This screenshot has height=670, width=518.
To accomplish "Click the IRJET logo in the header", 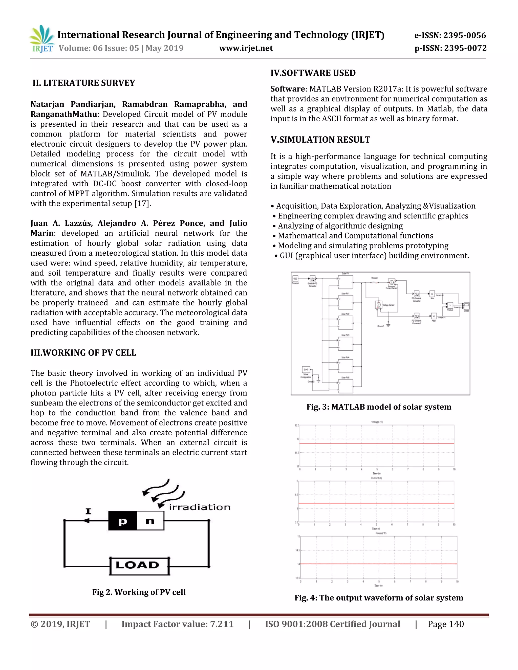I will tap(42, 39).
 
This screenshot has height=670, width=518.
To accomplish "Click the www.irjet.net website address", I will tap(246, 48).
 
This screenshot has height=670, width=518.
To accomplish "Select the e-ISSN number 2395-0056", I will tap(465, 35).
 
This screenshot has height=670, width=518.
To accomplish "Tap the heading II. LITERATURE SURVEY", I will tap(84, 83).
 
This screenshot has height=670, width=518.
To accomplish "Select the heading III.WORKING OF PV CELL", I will tap(83, 352).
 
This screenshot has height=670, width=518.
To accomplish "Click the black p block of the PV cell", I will tap(122, 521).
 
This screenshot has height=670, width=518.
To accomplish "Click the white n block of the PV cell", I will tap(150, 521).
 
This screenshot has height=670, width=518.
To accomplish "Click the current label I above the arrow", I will tap(88, 511).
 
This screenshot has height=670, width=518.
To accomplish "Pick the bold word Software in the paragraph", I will tap(288, 89).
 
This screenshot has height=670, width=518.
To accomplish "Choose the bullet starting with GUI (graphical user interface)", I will tap(372, 256).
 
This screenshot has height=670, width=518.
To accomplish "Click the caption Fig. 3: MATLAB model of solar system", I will tap(379, 407).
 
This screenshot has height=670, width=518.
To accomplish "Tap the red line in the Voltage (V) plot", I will tap(377, 444).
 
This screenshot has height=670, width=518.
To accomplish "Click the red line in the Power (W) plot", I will tap(379, 564).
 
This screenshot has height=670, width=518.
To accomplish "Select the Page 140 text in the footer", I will tap(446, 624).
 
